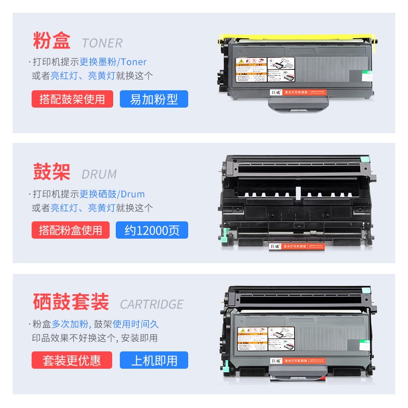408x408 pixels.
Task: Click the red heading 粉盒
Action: coord(52,41)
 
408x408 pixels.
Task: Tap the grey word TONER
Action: coord(102,43)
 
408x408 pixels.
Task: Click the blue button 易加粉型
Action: coord(154,99)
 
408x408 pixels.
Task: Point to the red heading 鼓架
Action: coord(52,172)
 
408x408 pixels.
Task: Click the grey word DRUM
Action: coord(99,174)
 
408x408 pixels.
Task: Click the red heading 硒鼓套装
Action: coord(71,302)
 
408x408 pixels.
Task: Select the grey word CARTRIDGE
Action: coord(151,304)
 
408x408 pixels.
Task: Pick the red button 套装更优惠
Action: coord(71,361)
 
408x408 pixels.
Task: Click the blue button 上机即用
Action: coord(154,361)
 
